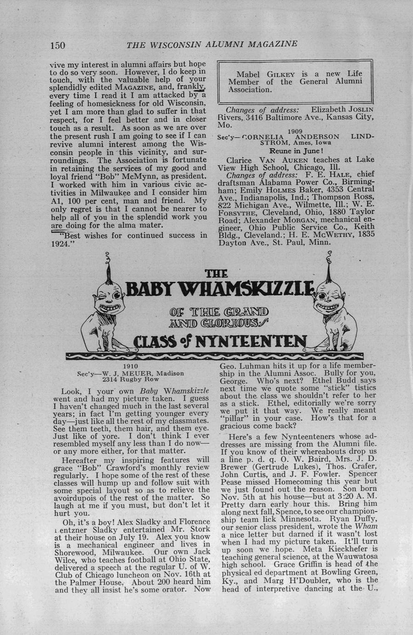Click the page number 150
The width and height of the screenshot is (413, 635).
[x=57, y=45]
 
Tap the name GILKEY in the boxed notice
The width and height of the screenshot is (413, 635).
[x=281, y=74]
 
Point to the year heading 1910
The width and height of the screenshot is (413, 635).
[x=131, y=367]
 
